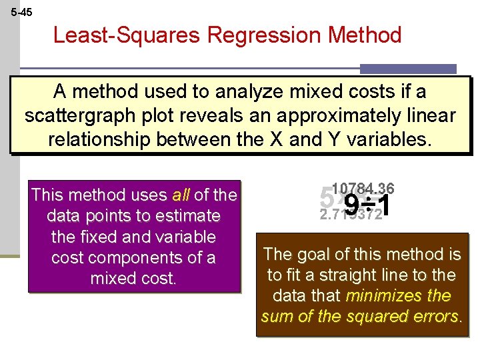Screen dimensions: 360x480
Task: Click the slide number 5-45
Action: [x=21, y=12]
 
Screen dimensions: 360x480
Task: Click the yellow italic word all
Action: [x=181, y=195]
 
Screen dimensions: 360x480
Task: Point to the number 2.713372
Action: [x=351, y=215]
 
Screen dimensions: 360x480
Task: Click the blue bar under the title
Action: [x=408, y=69]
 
